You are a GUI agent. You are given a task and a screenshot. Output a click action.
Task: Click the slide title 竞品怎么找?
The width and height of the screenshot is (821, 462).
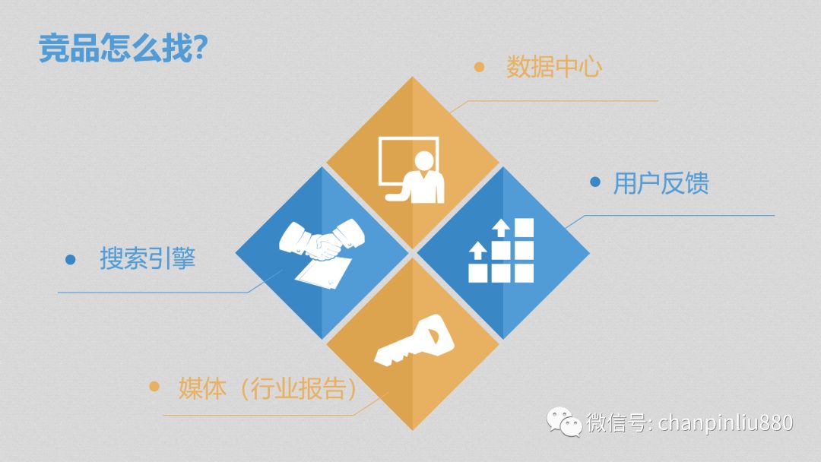pos(124,48)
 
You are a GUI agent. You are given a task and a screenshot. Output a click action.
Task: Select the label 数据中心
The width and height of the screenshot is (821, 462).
pos(554,67)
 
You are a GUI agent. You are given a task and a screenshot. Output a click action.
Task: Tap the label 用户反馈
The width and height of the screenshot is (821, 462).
pos(661,183)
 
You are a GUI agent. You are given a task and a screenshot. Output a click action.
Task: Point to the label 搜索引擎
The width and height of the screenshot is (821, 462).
pos(147,258)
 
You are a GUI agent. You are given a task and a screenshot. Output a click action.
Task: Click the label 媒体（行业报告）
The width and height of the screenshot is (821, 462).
pos(268,388)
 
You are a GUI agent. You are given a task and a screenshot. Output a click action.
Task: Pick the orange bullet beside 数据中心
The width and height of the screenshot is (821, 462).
pos(479,67)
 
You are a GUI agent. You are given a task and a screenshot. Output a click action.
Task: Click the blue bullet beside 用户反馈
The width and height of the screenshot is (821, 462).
pos(594,182)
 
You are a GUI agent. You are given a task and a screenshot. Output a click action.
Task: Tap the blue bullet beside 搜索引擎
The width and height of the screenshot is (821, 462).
pos(70,259)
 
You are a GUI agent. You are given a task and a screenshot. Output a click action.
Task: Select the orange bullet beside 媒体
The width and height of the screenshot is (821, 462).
pos(154,387)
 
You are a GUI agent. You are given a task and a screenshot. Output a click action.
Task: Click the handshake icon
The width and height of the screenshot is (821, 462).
pos(322,240)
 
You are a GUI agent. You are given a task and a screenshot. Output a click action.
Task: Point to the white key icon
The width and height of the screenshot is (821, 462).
pos(414,340)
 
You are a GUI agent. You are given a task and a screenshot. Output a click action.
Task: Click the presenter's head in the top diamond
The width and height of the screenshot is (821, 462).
pos(423,160)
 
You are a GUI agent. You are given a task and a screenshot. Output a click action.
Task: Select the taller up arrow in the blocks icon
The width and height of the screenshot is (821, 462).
pos(501,228)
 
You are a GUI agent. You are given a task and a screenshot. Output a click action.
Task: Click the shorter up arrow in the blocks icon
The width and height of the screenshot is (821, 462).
pos(477,250)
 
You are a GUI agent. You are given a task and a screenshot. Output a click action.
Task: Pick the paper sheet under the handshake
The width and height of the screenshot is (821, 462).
pos(323,272)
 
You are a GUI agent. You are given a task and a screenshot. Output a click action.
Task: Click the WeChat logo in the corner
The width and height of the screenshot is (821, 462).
pos(564,422)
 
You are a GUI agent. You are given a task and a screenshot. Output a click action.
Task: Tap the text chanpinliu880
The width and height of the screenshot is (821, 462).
pos(726,422)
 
